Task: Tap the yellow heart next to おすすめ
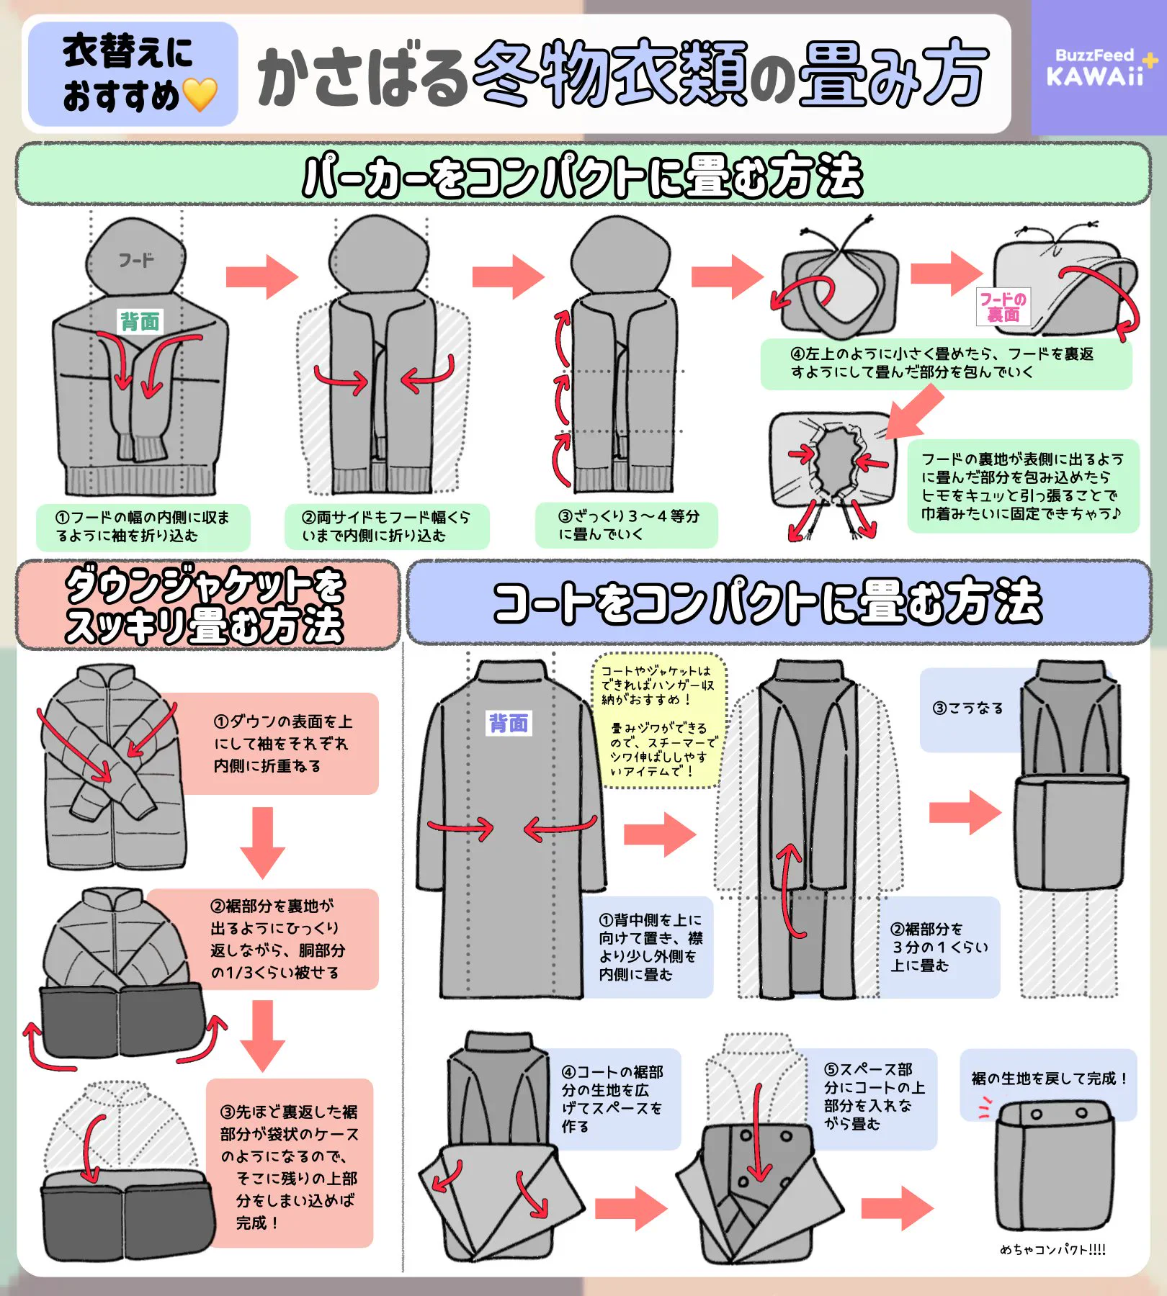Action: [200, 95]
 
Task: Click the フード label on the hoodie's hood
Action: [136, 260]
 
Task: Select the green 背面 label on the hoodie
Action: [140, 321]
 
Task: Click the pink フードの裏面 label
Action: [1003, 307]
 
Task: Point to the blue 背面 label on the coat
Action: [509, 723]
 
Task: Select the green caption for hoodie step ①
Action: [143, 526]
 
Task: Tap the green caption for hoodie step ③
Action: [627, 525]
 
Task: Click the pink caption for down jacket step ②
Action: [274, 939]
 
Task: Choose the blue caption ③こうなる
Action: [969, 709]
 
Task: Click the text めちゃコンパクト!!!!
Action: [1053, 1250]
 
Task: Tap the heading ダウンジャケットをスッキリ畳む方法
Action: [206, 605]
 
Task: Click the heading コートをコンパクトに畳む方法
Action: [767, 602]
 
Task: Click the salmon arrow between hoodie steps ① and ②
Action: [261, 276]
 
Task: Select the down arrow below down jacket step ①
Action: [263, 842]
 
